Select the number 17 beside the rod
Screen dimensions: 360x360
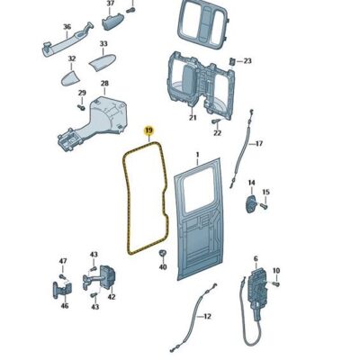click(x=258, y=143)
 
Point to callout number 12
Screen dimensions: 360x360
click(x=207, y=316)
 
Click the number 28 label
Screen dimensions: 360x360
click(x=104, y=84)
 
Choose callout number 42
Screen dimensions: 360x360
click(x=112, y=296)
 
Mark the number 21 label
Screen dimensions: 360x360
click(x=192, y=116)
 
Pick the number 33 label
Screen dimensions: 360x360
click(x=103, y=44)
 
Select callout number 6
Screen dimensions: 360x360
click(x=255, y=258)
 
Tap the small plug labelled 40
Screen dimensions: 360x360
click(x=162, y=255)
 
